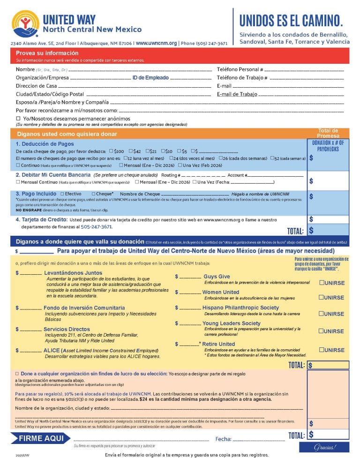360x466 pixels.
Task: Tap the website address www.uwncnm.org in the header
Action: pos(156,43)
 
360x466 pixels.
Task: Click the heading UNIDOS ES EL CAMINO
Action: pos(291,21)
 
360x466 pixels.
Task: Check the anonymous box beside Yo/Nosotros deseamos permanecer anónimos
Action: pos(18,119)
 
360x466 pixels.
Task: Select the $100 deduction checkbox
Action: pos(111,151)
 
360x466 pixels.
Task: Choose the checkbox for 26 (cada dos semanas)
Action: pos(220,158)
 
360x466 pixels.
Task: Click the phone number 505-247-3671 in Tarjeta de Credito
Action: pos(97,226)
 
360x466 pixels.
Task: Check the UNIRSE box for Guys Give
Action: pos(321,283)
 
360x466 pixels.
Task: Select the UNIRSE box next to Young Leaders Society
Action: pos(321,331)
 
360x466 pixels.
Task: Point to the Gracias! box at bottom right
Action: pos(324,447)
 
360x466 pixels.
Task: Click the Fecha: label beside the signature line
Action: pos(223,439)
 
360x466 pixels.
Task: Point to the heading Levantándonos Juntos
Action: pos(73,273)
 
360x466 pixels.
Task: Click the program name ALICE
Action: pos(52,350)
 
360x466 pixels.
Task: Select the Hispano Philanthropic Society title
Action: pos(240,308)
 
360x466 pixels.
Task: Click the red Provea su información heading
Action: pos(47,53)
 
